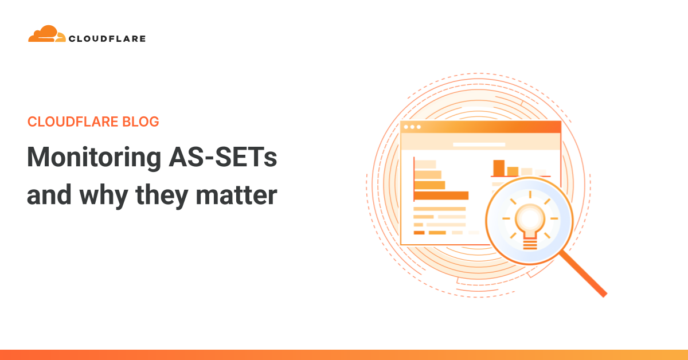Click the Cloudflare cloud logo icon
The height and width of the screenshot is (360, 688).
[x=46, y=34]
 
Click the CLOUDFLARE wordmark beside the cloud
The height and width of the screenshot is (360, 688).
[x=107, y=39]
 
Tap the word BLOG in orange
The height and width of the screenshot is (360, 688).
[x=140, y=122]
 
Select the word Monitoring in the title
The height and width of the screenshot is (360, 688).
[x=94, y=158]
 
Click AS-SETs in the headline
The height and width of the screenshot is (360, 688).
[x=223, y=157]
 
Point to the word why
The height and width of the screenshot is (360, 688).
[x=104, y=196]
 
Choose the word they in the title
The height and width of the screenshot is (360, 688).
[x=162, y=196]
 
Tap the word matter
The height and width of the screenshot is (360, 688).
[x=236, y=195]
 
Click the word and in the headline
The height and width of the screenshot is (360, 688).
[x=49, y=195]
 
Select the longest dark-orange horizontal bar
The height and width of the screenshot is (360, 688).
[x=441, y=195]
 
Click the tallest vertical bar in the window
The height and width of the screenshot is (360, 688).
[x=499, y=168]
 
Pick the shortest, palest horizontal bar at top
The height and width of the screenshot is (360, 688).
[x=425, y=165]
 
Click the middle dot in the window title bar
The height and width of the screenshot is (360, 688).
[x=412, y=127]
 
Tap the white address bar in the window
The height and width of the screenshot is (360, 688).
[x=479, y=144]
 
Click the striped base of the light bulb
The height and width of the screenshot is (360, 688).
[x=530, y=245]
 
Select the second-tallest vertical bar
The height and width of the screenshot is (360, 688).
[x=513, y=171]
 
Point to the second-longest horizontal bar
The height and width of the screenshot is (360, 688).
[x=429, y=185]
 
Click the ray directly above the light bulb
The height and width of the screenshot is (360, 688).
[x=530, y=194]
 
